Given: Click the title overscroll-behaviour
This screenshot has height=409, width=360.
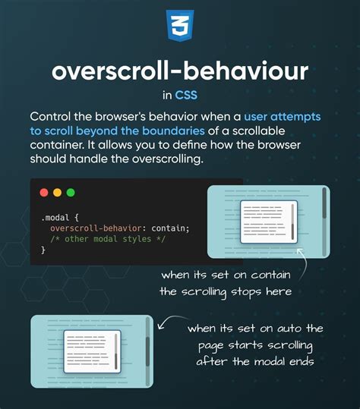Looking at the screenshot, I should point(180,72).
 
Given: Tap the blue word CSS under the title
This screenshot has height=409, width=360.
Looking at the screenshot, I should point(186,96).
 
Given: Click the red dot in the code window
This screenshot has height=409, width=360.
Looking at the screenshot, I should point(44,193).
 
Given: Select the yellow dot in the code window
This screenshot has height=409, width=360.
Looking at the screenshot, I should point(57,193).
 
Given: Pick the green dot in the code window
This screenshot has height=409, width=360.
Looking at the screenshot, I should point(71,193).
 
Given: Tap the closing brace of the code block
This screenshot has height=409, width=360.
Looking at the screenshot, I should point(43,250).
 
